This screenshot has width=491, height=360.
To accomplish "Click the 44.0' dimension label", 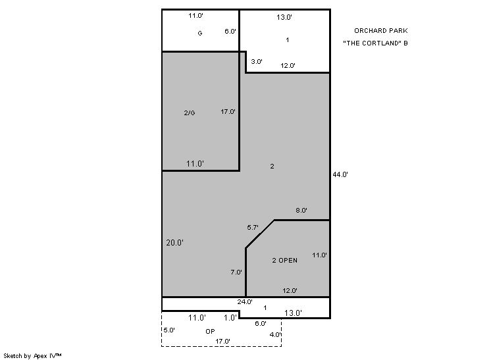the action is (340, 174).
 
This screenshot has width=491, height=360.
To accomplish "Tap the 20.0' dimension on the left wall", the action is (174, 243).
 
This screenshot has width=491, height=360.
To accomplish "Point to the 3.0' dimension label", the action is (257, 62).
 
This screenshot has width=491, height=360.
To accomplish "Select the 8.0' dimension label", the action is (301, 211).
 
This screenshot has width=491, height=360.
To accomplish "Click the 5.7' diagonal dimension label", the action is (253, 228).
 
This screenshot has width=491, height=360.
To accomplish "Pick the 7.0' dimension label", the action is (236, 272).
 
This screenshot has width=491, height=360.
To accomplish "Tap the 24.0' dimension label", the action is (245, 302).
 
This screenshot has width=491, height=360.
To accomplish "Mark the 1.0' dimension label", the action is (230, 318).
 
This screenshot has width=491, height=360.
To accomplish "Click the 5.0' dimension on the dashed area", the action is (169, 330).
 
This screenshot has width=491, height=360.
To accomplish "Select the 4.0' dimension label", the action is (275, 334).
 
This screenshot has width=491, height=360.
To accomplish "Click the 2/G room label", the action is (190, 113).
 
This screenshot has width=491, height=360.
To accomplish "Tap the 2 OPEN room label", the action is (284, 261).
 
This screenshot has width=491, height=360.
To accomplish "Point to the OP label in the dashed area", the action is (210, 332).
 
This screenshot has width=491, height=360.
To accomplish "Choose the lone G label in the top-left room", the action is (200, 33).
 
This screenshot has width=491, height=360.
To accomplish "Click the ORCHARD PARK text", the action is (381, 31).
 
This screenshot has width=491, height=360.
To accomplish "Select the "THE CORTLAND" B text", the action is (375, 43).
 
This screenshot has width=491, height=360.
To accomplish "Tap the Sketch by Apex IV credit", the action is (32, 356).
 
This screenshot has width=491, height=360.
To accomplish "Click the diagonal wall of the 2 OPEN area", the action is (260, 234).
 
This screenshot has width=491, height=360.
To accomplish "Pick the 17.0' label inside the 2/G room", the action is (228, 112).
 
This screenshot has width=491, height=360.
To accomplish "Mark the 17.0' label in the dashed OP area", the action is (222, 342).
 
